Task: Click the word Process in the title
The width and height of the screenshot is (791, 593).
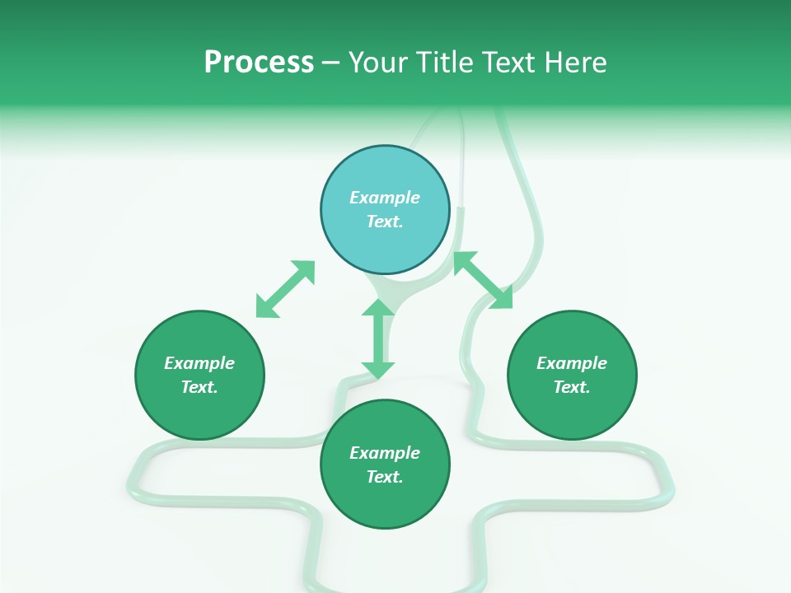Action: (259, 62)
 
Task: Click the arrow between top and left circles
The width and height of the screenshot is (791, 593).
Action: (285, 289)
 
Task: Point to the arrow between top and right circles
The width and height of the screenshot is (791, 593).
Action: (483, 280)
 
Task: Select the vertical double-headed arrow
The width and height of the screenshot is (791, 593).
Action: (378, 339)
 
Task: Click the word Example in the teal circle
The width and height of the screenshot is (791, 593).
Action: (385, 198)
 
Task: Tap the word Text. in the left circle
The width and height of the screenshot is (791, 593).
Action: (199, 387)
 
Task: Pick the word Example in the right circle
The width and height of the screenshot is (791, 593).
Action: (572, 363)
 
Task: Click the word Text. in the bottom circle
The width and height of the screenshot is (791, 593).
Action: (385, 477)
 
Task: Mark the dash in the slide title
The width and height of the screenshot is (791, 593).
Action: (330, 63)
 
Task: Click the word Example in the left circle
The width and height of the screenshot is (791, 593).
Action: (199, 363)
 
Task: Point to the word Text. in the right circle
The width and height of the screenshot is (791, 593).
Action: (572, 387)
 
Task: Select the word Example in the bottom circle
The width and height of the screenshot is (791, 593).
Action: (385, 453)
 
